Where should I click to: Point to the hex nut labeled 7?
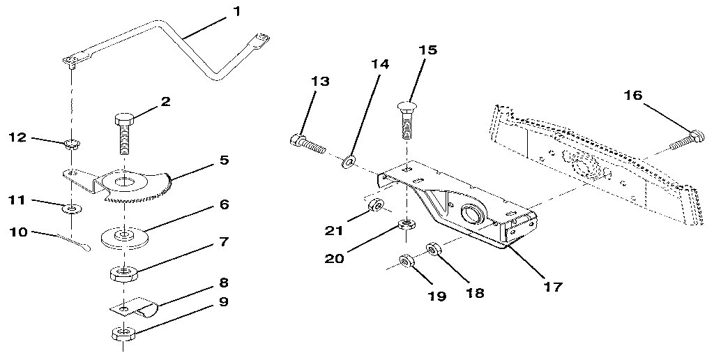click(x=123, y=272)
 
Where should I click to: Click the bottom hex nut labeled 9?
click(x=123, y=333)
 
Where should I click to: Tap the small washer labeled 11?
click(x=70, y=208)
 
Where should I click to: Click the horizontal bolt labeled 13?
click(x=307, y=144)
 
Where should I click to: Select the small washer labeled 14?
click(x=347, y=162)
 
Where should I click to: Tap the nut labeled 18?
click(x=433, y=248)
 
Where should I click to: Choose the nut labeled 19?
click(x=406, y=262)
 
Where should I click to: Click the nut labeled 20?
click(x=405, y=225)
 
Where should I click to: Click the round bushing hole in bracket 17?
click(x=471, y=213)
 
